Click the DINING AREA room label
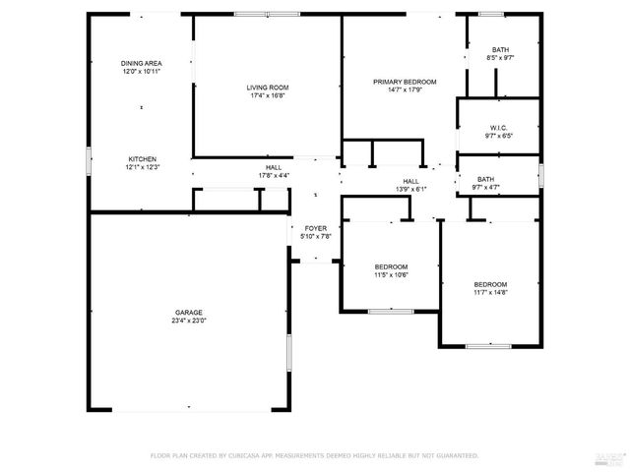142,62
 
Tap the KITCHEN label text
142,159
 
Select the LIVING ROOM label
267,88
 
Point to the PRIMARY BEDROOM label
405,82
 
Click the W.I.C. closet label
498,129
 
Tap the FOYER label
315,228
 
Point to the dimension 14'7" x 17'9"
405,90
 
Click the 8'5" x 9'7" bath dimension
501,58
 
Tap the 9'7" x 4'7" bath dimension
486,187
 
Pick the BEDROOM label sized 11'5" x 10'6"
391,267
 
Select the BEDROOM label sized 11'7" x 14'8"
490,284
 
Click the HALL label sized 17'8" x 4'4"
273,167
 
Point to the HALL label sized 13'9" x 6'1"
410,181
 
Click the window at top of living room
268,14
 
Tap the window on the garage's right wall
288,352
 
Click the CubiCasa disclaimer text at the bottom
314,455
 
